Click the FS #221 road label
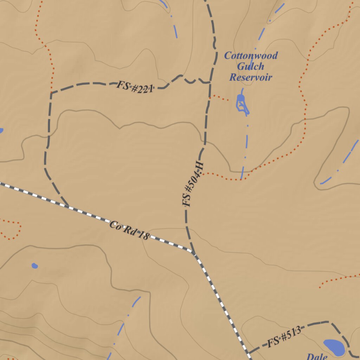135,87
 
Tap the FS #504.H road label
192,184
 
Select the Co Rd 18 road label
129,231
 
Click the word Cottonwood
251,56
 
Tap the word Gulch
251,66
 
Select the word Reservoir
251,77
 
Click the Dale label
317,356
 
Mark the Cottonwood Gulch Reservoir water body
242,104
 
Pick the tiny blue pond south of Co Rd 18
34,265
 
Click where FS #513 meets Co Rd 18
248,352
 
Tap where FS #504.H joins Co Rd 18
193,252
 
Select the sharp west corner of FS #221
51,93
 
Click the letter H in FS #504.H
199,166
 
